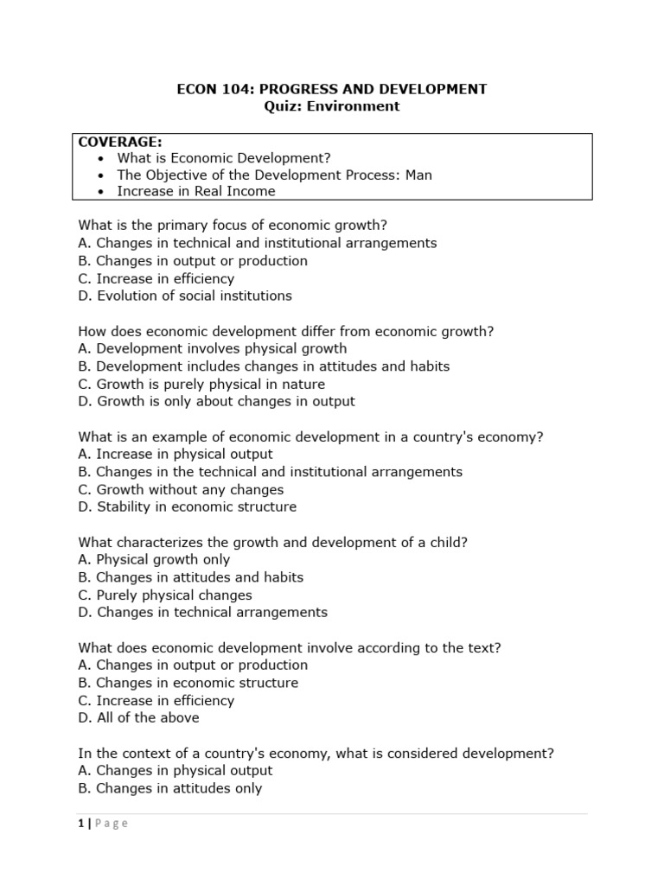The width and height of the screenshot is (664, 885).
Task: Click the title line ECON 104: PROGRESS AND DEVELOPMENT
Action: (x=332, y=89)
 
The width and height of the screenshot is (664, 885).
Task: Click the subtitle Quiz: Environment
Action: (x=332, y=106)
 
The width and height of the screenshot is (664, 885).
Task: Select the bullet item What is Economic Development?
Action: (x=224, y=158)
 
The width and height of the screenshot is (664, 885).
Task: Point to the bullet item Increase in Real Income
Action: (x=196, y=191)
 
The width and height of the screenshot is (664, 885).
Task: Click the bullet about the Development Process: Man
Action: (x=274, y=175)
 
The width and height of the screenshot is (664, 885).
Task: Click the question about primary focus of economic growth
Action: (x=233, y=226)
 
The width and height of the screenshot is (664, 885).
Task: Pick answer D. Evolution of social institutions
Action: (x=185, y=296)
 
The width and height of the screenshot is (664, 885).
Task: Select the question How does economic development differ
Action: (x=286, y=331)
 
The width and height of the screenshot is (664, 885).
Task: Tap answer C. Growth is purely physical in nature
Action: (x=201, y=384)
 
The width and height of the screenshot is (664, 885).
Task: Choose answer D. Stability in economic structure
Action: (x=188, y=506)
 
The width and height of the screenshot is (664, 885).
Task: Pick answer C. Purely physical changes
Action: (x=165, y=595)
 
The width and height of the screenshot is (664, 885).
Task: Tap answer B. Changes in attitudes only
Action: (x=170, y=787)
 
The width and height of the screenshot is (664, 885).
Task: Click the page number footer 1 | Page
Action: (x=103, y=824)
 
